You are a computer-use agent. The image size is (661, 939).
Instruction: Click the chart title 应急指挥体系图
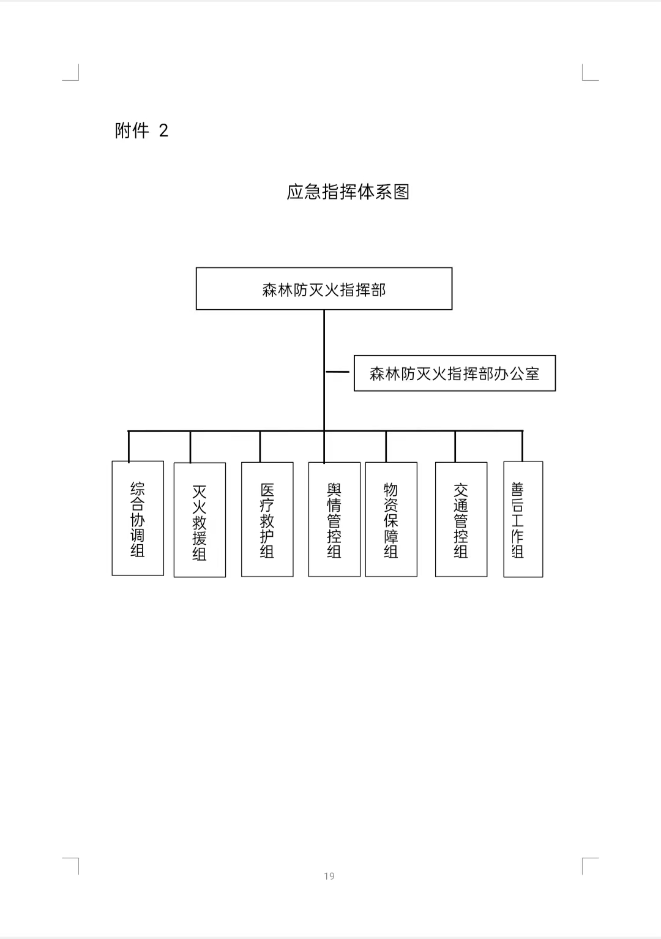348,192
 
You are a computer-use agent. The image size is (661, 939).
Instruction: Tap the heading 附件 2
141,130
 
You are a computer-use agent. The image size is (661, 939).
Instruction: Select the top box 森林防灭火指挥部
324,289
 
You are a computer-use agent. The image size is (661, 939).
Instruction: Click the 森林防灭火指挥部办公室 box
455,373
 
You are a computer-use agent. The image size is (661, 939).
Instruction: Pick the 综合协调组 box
138,518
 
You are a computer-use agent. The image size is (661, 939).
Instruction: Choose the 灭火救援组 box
200,520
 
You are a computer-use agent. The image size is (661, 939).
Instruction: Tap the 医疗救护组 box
267,519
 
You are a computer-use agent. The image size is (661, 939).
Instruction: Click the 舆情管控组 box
334,519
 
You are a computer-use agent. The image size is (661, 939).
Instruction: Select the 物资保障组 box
391,519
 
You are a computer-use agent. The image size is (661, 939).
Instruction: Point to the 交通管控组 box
461,519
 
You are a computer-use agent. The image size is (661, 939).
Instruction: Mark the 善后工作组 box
523,519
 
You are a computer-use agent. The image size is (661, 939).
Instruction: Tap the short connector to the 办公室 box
337,372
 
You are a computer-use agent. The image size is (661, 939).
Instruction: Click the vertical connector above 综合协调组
129,446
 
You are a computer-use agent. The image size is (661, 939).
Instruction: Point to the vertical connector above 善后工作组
522,446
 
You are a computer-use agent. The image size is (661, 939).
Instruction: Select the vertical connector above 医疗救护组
260,446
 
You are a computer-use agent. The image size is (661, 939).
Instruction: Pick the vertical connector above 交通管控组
455,446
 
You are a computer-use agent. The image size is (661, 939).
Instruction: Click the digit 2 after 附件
163,131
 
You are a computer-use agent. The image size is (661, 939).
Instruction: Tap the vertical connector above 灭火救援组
190,447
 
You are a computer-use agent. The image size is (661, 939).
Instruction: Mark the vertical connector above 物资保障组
386,446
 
